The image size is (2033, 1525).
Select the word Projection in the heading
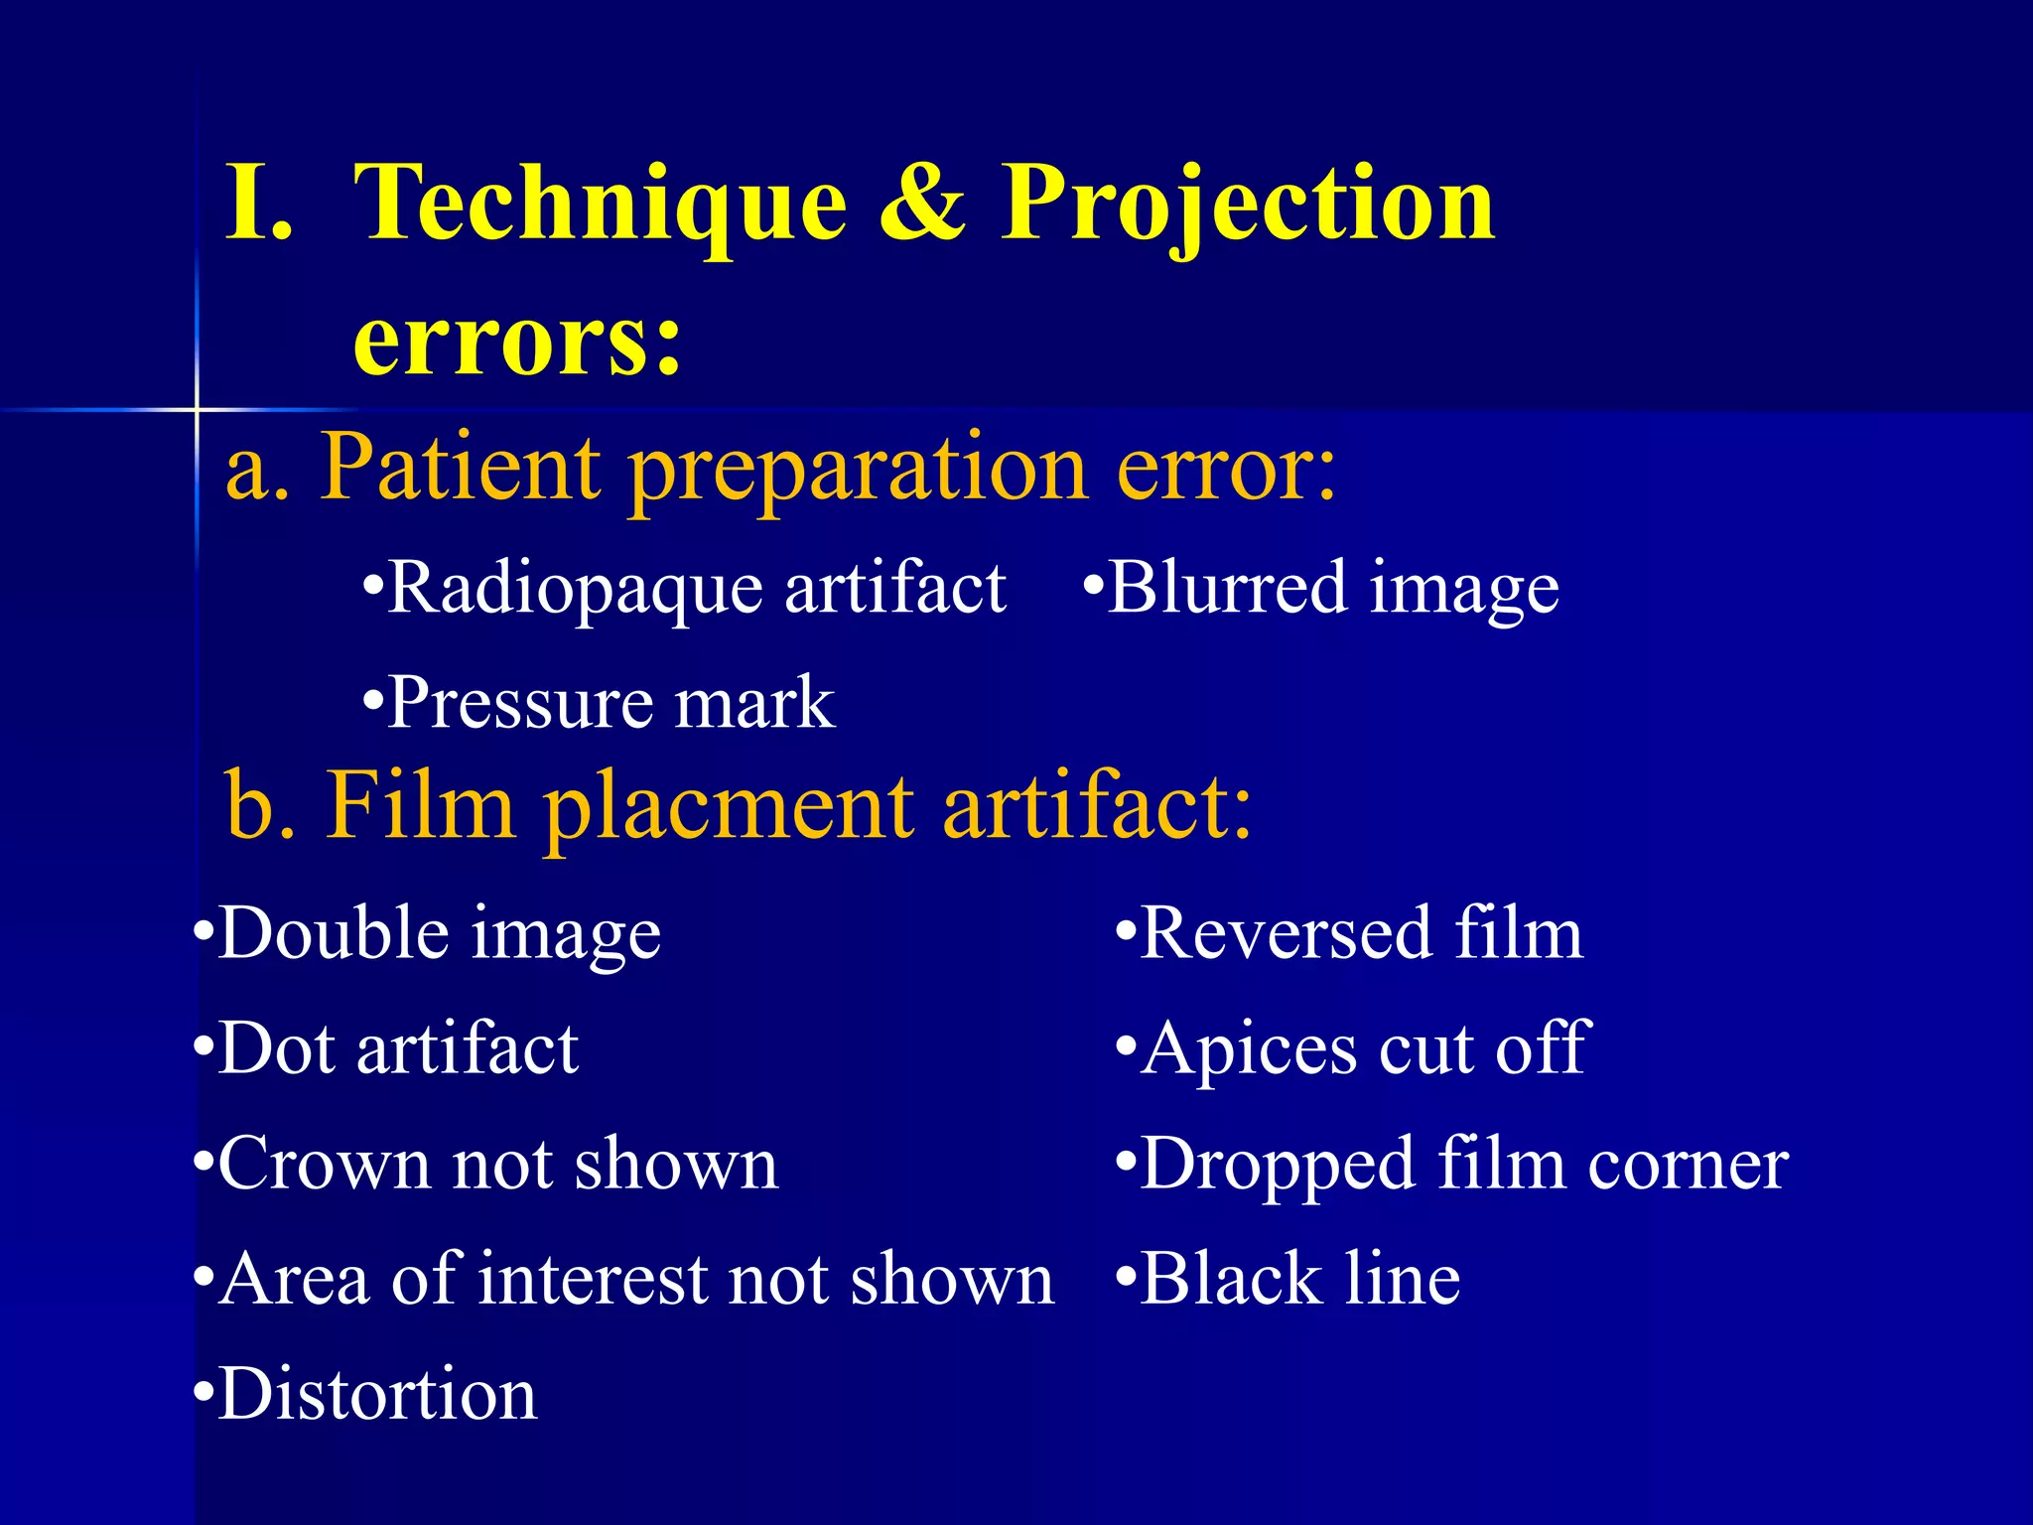point(1247,207)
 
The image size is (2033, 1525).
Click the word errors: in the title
point(517,341)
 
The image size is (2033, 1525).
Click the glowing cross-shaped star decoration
point(197,409)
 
